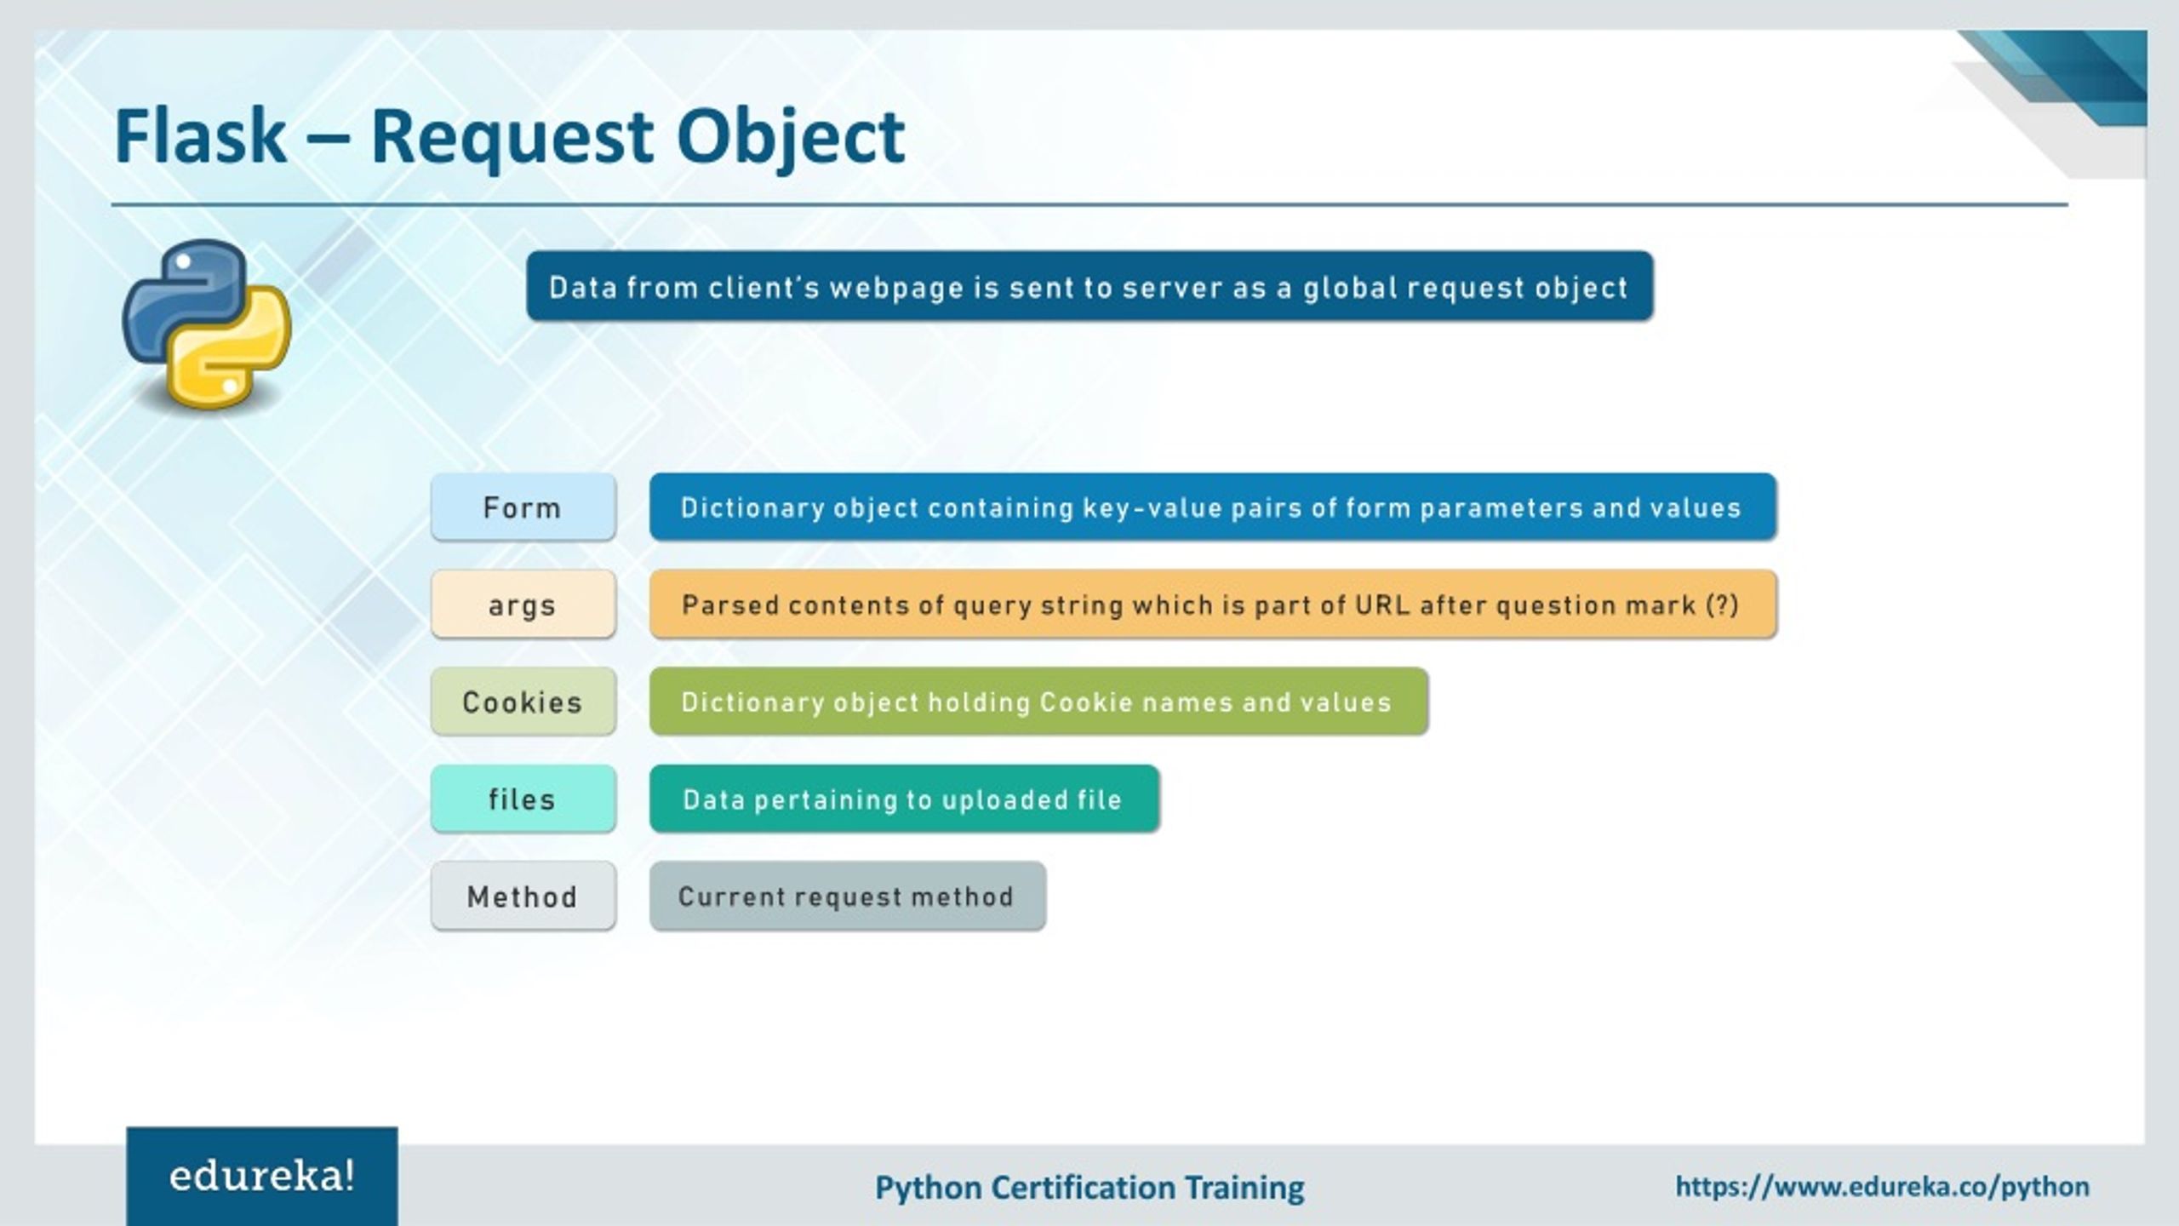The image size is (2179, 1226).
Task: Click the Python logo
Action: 207,324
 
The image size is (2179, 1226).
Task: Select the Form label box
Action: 523,507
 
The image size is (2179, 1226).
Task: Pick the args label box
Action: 523,604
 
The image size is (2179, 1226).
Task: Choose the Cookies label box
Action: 523,702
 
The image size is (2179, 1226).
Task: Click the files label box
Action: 523,799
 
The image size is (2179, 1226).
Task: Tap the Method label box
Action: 523,897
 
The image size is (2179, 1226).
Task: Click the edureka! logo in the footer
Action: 261,1177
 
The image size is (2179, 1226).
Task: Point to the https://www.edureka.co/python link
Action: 1882,1186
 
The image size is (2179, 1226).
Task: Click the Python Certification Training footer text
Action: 1089,1188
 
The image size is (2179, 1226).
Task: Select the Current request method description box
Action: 847,897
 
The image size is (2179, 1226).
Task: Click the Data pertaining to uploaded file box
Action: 903,799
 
